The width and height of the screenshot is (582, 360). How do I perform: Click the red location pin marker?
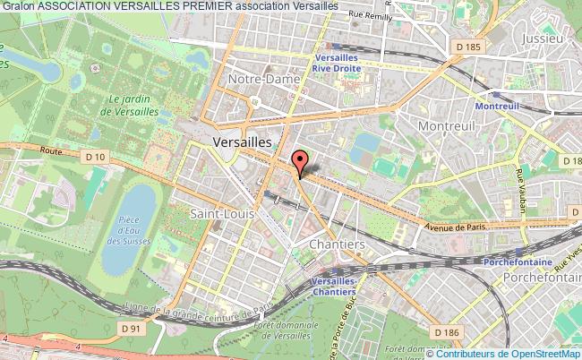pyautogui.click(x=300, y=161)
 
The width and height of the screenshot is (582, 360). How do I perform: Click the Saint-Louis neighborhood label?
pyautogui.click(x=223, y=214)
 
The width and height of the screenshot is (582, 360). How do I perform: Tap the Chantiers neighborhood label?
pyautogui.click(x=336, y=244)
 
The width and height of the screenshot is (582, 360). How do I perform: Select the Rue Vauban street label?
pyautogui.click(x=520, y=188)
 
